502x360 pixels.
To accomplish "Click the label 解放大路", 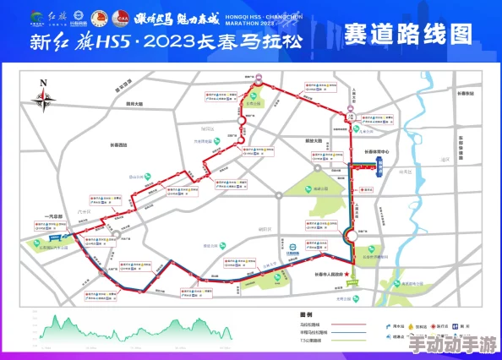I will (313, 141).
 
